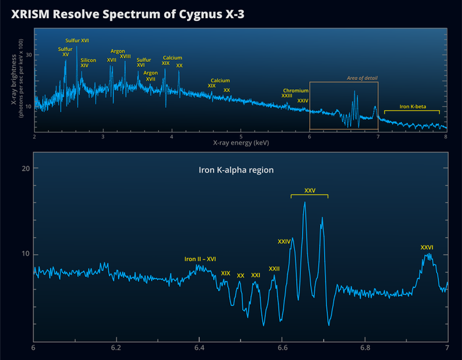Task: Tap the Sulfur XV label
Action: click(65, 52)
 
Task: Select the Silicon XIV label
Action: click(88, 63)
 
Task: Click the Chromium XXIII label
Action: click(295, 93)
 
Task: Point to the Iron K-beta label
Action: click(413, 107)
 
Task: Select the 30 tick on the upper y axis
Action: click(28, 55)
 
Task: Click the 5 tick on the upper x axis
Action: click(241, 137)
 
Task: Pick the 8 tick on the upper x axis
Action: click(445, 137)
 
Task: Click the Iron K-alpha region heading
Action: click(236, 170)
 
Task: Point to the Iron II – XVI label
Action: click(200, 259)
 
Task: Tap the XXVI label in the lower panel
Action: click(427, 247)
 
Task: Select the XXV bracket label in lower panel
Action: click(309, 190)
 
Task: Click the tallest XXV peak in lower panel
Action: click(304, 203)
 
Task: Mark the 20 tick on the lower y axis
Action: click(25, 169)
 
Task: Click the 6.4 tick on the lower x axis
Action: click(199, 348)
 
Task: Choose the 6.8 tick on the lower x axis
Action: click(365, 348)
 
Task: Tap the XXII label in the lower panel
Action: click(274, 268)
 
